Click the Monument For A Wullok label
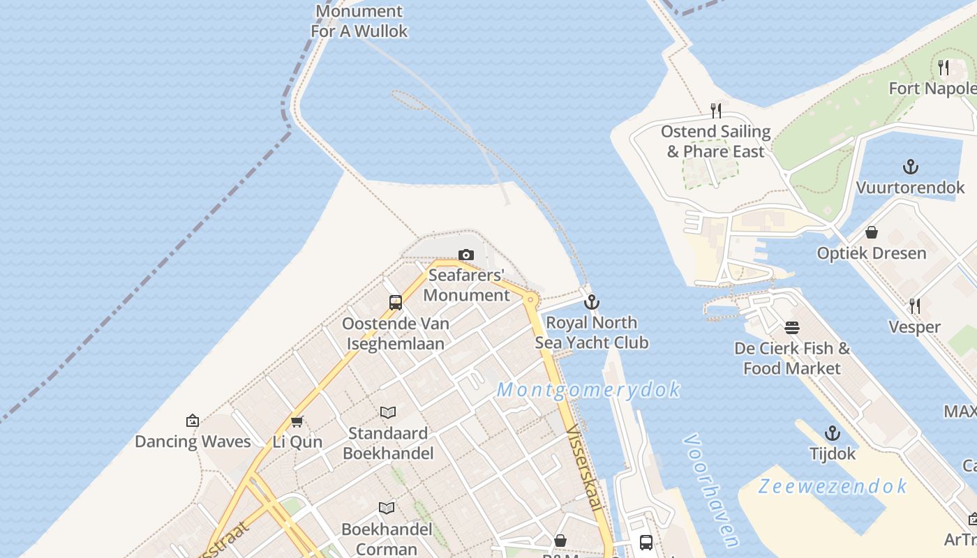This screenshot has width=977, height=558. [359, 21]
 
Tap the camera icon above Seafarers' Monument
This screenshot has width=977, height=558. [465, 255]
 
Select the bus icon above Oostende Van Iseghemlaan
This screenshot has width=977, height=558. [396, 303]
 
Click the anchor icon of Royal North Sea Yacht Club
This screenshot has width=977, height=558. [592, 302]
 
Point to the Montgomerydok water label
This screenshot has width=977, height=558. [588, 389]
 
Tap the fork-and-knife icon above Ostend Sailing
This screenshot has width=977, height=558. [716, 110]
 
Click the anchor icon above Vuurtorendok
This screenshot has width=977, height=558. [910, 167]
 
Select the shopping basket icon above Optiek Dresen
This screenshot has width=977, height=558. [872, 232]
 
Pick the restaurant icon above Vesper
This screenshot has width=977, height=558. [914, 306]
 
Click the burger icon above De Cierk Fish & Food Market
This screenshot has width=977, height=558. [791, 327]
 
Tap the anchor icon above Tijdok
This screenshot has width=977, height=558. [832, 433]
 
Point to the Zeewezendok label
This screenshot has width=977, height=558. [833, 486]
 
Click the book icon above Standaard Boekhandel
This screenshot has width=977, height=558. [388, 413]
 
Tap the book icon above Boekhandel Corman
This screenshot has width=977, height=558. [387, 508]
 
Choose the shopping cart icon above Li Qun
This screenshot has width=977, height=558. [297, 421]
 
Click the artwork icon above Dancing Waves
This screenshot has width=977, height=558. [193, 421]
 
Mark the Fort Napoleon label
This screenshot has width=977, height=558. [932, 89]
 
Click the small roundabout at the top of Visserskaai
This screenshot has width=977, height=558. [531, 300]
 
